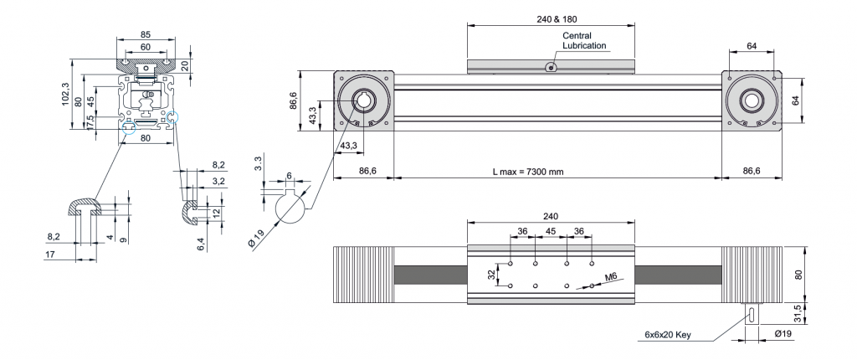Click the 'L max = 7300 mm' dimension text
pyautogui.click(x=528, y=172)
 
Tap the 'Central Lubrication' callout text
pyautogui.click(x=585, y=41)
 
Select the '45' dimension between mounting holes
pyautogui.click(x=550, y=231)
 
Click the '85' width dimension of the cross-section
pyautogui.click(x=146, y=35)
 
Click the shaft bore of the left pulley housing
pyautogui.click(x=364, y=101)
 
